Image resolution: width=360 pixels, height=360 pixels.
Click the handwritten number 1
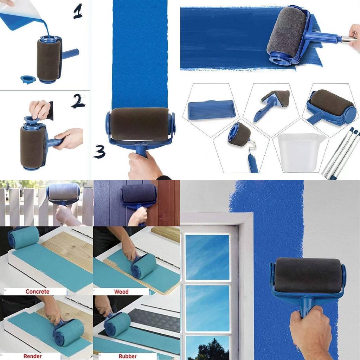click(x=78, y=12)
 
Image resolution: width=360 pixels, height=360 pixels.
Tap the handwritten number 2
click(x=78, y=101)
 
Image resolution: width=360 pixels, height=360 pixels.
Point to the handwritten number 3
click(x=99, y=152)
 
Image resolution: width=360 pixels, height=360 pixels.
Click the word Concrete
click(x=37, y=291)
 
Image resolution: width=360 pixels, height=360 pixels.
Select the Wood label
click(x=121, y=291)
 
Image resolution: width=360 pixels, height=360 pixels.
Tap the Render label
click(x=32, y=356)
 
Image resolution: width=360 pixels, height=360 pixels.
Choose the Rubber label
click(x=127, y=356)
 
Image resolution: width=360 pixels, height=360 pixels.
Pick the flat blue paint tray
click(x=212, y=110)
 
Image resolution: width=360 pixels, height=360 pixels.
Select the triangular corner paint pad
click(x=274, y=102)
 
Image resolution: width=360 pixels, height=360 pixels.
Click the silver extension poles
click(x=341, y=153)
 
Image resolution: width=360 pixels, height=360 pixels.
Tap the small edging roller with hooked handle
click(x=243, y=141)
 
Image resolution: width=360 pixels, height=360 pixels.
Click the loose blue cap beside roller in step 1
click(x=28, y=79)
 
